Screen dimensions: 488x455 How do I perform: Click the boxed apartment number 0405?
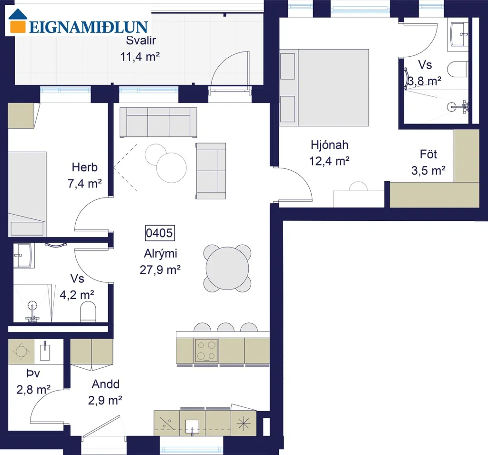pos(160,233)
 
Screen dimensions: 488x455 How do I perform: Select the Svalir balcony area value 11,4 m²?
pos(140,57)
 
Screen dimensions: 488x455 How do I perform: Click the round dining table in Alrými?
pos(227,268)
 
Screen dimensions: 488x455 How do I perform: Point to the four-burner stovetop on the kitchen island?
pos(206,351)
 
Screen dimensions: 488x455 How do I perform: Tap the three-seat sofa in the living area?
pos(158,123)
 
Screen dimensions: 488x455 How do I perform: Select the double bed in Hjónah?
pos(324,87)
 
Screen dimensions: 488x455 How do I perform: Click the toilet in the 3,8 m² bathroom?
pos(458,70)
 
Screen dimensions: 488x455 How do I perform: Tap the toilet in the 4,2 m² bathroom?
pos(88,312)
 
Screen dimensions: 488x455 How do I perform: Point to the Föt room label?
pos(428,154)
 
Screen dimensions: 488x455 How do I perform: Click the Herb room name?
pos(85,167)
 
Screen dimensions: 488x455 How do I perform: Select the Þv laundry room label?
pos(33,373)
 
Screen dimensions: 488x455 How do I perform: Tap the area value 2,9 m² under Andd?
pos(105,400)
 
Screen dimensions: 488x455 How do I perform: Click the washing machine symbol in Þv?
pos(21,352)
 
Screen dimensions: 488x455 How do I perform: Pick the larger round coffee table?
pos(172,167)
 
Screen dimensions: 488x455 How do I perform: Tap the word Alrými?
pos(161,254)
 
